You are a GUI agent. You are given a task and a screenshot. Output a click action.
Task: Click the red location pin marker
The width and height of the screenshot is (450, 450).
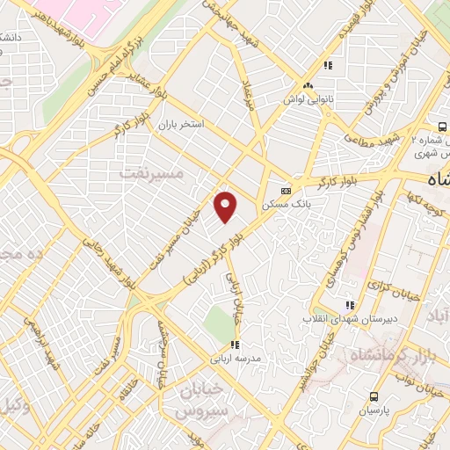pyautogui.click(x=226, y=206)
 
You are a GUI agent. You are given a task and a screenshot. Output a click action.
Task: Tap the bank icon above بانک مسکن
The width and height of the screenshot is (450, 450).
pyautogui.click(x=286, y=190)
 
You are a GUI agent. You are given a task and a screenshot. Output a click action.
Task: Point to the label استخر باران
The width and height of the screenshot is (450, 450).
pyautogui.click(x=180, y=126)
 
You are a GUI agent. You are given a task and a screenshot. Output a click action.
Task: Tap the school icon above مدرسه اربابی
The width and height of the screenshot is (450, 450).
pyautogui.click(x=234, y=345)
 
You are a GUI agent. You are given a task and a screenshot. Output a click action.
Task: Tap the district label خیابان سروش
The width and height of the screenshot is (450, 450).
pyautogui.click(x=202, y=400)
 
